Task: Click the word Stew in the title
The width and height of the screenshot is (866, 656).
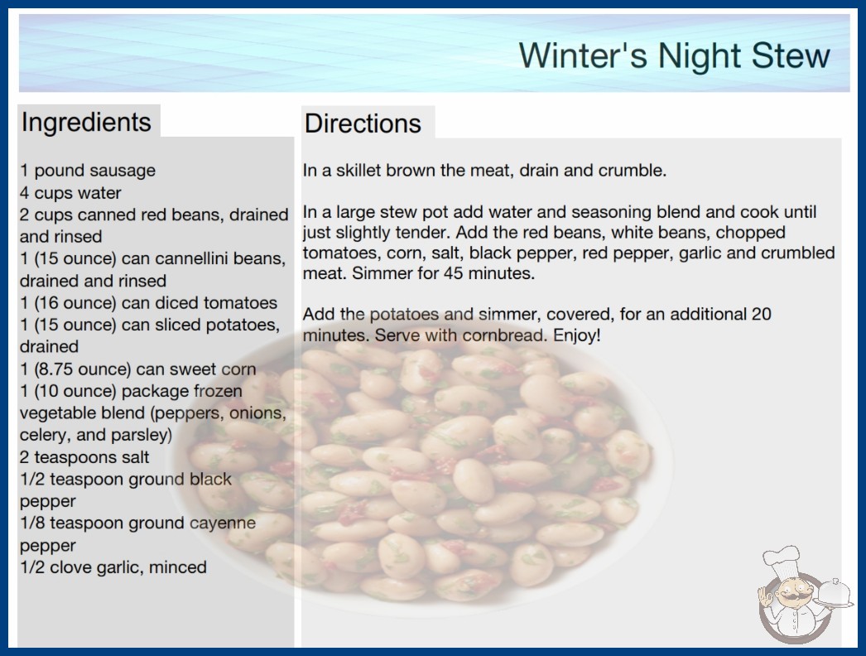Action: [x=791, y=55]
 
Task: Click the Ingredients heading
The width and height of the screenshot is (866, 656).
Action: [x=86, y=122]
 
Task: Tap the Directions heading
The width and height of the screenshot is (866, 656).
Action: [x=363, y=123]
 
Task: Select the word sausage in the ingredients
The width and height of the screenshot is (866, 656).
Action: [x=122, y=171]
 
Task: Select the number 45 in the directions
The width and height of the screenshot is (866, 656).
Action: [x=453, y=273]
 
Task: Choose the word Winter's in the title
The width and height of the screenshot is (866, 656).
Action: [x=583, y=55]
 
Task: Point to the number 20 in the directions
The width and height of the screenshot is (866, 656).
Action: [x=761, y=314]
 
